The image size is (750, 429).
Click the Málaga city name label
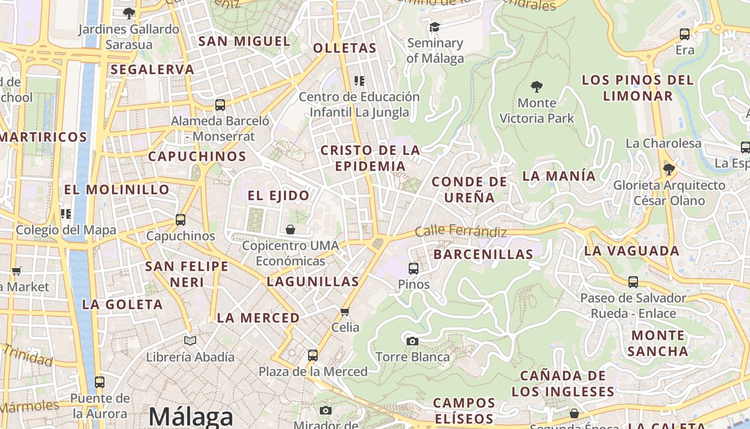(x=191, y=417)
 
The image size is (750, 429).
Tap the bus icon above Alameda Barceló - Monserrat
(x=220, y=105)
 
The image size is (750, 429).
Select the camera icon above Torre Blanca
(x=412, y=341)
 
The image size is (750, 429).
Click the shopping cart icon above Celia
(x=345, y=312)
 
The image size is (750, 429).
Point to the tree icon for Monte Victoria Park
(x=536, y=86)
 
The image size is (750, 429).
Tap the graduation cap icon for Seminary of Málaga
(x=434, y=27)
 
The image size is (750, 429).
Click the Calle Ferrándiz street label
(x=461, y=232)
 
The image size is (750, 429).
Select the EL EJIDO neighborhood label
(x=279, y=195)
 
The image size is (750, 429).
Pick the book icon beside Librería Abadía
(x=190, y=341)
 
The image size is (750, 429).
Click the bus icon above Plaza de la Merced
(x=313, y=355)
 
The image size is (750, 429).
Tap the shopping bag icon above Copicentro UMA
(x=290, y=230)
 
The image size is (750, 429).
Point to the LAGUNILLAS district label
(x=313, y=282)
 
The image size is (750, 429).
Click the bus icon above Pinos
(x=414, y=268)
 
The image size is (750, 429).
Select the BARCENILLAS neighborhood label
(x=483, y=254)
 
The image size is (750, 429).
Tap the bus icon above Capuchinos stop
(x=181, y=220)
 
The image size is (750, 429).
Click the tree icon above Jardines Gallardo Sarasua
(x=129, y=13)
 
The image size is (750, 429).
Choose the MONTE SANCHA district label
(x=658, y=343)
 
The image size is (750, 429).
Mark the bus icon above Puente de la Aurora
(x=100, y=382)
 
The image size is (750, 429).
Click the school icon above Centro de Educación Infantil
(x=359, y=81)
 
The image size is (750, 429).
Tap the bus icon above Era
(x=685, y=34)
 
